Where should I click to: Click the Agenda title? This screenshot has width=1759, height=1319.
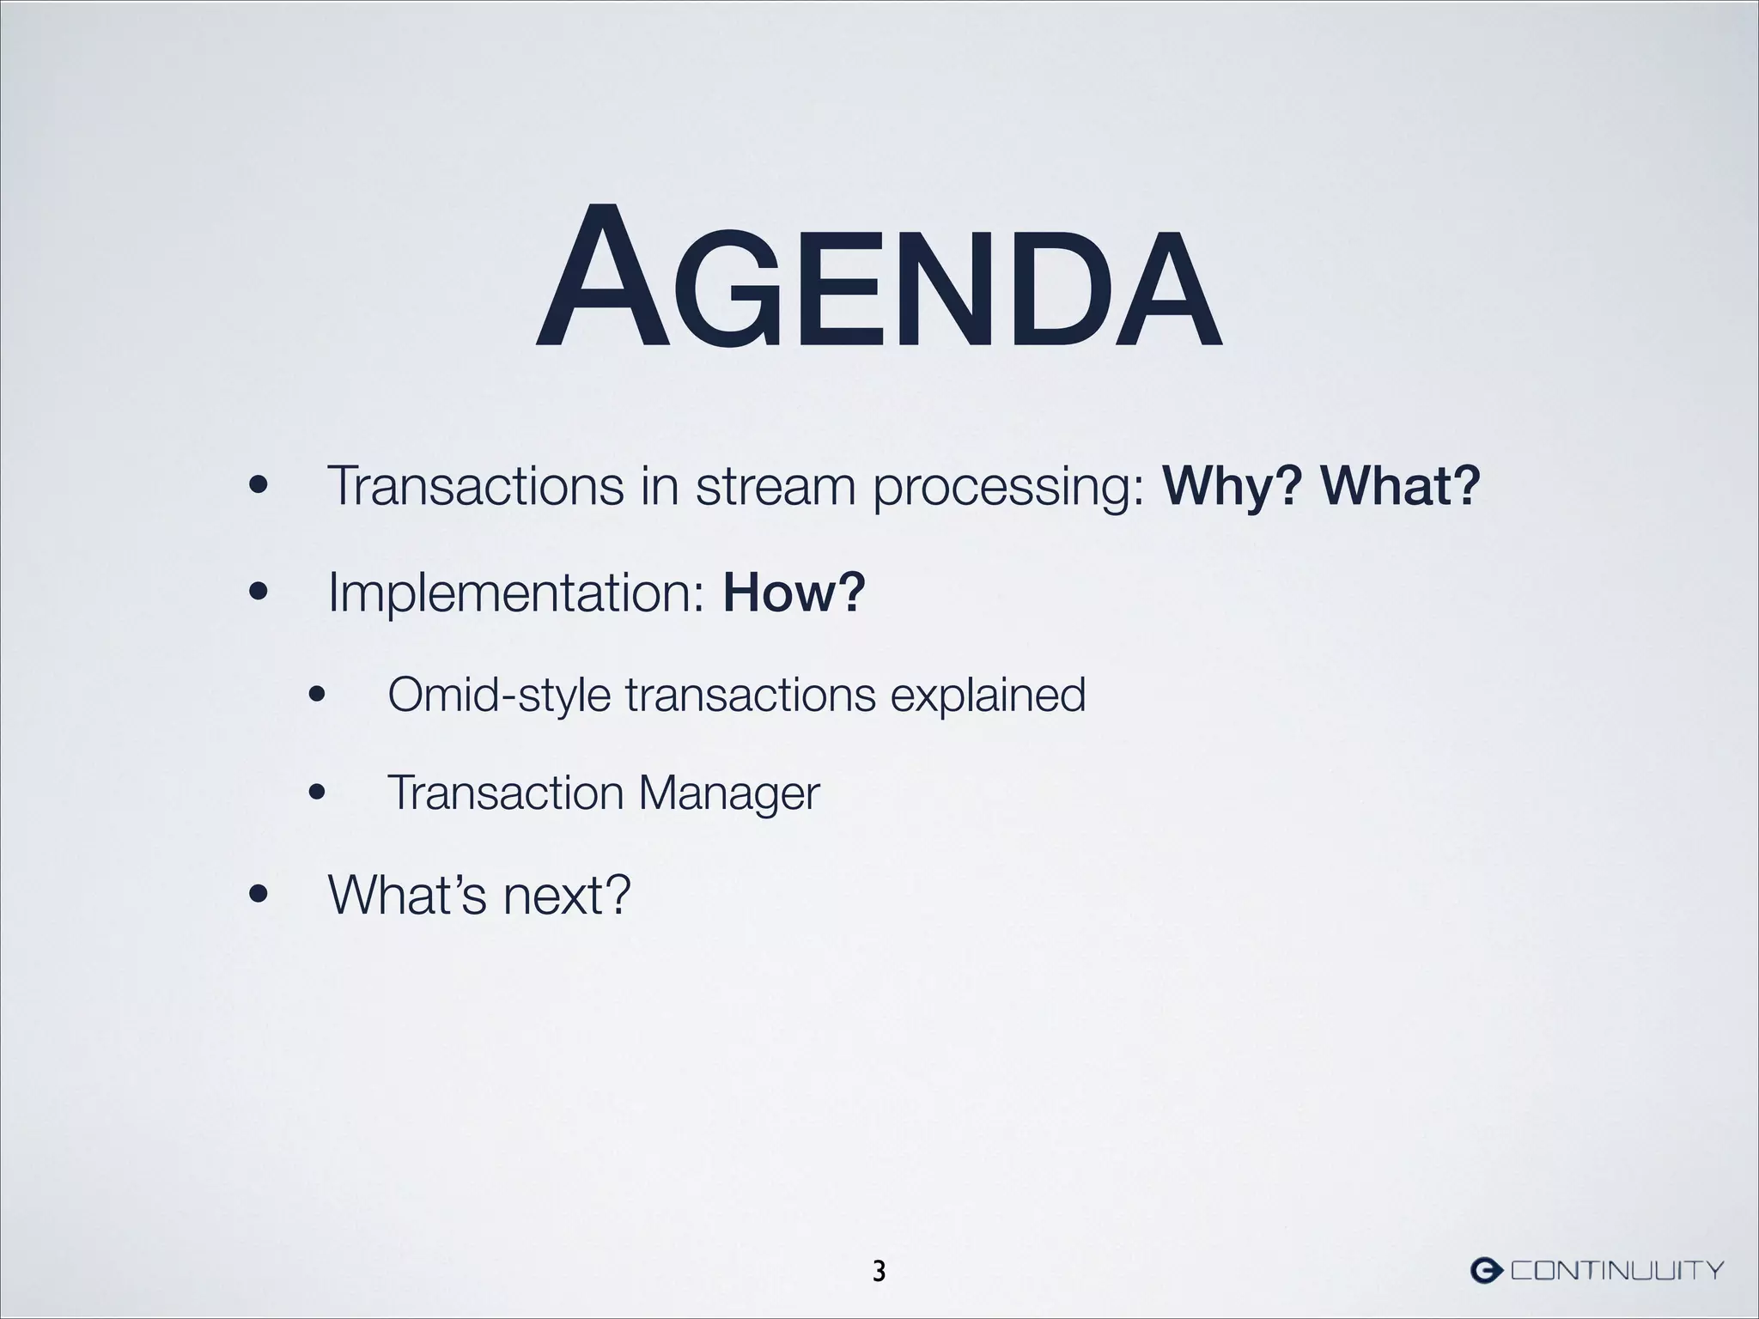click(878, 278)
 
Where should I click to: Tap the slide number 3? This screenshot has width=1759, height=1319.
click(879, 1271)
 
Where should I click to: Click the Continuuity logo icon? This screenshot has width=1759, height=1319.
click(1486, 1270)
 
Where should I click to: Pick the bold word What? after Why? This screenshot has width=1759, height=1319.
click(1401, 486)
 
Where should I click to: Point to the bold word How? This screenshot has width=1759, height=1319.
click(794, 593)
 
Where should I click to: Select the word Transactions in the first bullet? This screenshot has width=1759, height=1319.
click(475, 486)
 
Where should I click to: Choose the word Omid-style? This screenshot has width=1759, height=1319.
click(499, 696)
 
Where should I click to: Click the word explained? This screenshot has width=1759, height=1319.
click(988, 696)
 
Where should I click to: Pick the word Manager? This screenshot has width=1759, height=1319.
click(728, 793)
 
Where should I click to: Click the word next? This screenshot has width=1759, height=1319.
click(567, 897)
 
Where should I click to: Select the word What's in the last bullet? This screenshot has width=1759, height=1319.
click(407, 895)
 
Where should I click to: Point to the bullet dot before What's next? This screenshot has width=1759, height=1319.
click(256, 897)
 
